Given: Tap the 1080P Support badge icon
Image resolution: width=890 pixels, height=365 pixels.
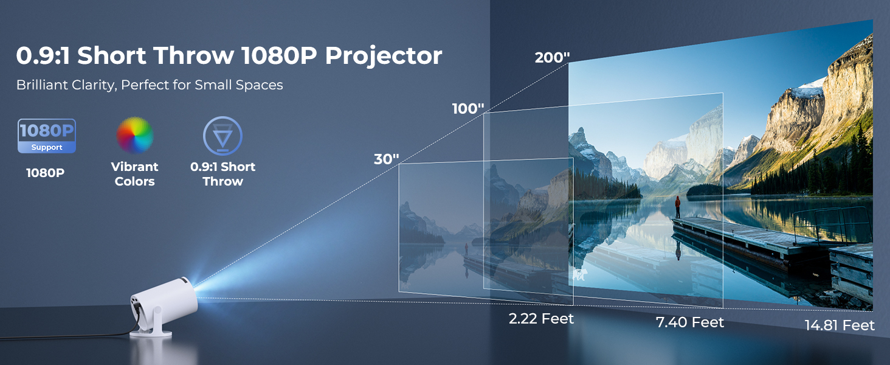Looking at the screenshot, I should coord(47,136).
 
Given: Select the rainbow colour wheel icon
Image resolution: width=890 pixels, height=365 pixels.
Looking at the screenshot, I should coord(135,135).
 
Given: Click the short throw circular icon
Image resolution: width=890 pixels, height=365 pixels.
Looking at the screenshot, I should coord(222,136).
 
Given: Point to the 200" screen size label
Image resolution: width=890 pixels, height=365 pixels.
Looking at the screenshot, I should coord(552,58).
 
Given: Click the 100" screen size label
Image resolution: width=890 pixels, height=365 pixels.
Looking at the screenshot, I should coord(467,109).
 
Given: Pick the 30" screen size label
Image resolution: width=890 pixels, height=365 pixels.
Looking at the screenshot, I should coord(386,159).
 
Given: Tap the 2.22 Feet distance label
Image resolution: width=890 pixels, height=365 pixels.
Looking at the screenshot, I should coord(541,319).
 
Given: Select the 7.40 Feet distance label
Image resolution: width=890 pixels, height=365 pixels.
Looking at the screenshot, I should coord(690,322).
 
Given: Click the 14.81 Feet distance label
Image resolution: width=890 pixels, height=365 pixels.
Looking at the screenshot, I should coord(840,325).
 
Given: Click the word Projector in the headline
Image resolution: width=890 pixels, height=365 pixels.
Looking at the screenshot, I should coord(383,55).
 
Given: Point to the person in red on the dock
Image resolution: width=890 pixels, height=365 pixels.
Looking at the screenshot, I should coord(677,206).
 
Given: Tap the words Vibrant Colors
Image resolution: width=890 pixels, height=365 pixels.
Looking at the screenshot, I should coord(135,174).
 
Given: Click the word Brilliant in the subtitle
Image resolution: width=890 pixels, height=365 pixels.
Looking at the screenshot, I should coord(42,85).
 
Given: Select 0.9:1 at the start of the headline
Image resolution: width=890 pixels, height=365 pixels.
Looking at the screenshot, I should coord(43,55).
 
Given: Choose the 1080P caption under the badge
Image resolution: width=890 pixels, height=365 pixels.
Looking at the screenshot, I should coord(45,173).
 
